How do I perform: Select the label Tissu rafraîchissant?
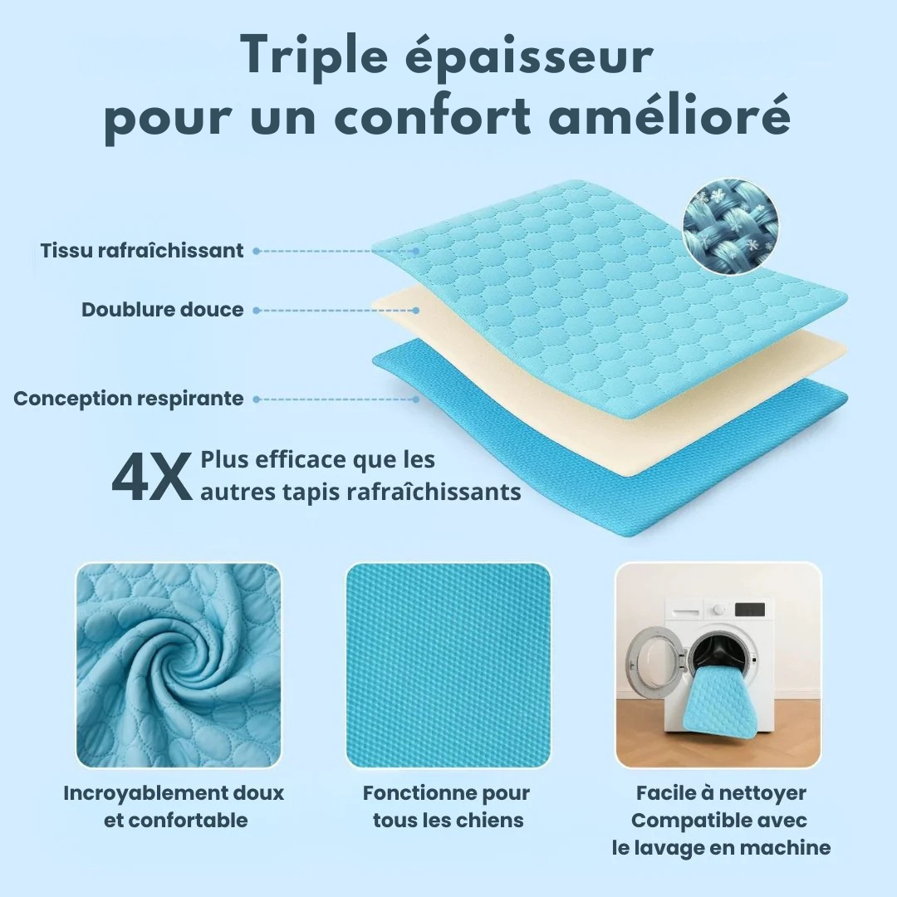pyautogui.click(x=142, y=251)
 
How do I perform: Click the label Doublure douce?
pyautogui.click(x=163, y=310)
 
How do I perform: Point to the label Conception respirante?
pyautogui.click(x=129, y=399)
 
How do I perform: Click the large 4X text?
pyautogui.click(x=152, y=477)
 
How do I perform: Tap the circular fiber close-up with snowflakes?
pyautogui.click(x=731, y=222)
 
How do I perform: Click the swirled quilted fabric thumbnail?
pyautogui.click(x=179, y=665)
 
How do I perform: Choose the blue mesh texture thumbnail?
pyautogui.click(x=448, y=665)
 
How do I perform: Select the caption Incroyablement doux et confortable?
pyautogui.click(x=174, y=806)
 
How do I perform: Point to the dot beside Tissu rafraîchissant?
pyautogui.click(x=257, y=251)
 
